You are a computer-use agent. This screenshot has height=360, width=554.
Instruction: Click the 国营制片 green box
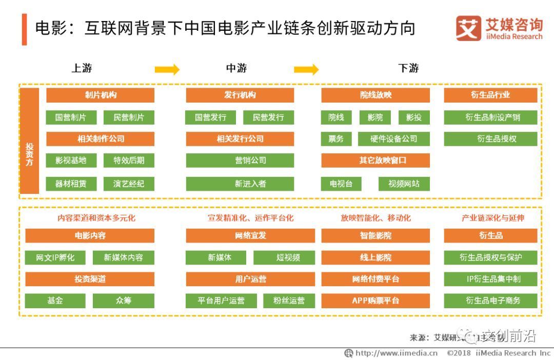pyautogui.click(x=71, y=117)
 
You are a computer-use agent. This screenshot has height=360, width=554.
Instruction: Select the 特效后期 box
pyautogui.click(x=129, y=161)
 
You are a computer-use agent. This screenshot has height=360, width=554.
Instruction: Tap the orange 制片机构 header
pyautogui.click(x=101, y=95)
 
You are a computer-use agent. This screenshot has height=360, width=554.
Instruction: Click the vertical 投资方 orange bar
pyautogui.click(x=30, y=141)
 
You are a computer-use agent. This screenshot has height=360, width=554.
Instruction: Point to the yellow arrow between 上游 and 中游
pyautogui.click(x=167, y=69)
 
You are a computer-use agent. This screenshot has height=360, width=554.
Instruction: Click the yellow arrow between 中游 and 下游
pyautogui.click(x=306, y=69)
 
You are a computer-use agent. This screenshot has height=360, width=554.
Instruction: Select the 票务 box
pyautogui.click(x=336, y=139)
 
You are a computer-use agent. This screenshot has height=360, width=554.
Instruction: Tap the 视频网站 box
pyautogui.click(x=404, y=184)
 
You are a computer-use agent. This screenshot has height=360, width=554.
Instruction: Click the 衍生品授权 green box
pyautogui.click(x=490, y=139)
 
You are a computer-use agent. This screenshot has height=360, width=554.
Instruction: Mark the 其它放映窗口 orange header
pyautogui.click(x=375, y=161)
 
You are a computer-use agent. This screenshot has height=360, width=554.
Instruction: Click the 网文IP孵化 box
pyautogui.click(x=55, y=257)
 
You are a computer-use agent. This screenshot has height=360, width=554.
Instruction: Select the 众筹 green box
pyautogui.click(x=124, y=301)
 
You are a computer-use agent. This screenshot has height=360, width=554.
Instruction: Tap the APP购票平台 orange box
pyautogui.click(x=375, y=301)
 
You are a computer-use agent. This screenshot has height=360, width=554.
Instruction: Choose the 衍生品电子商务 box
pyautogui.click(x=490, y=301)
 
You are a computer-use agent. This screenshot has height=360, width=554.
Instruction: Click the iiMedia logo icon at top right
pyautogui.click(x=468, y=28)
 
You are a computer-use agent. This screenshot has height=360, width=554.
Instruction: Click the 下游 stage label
pyautogui.click(x=408, y=69)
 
